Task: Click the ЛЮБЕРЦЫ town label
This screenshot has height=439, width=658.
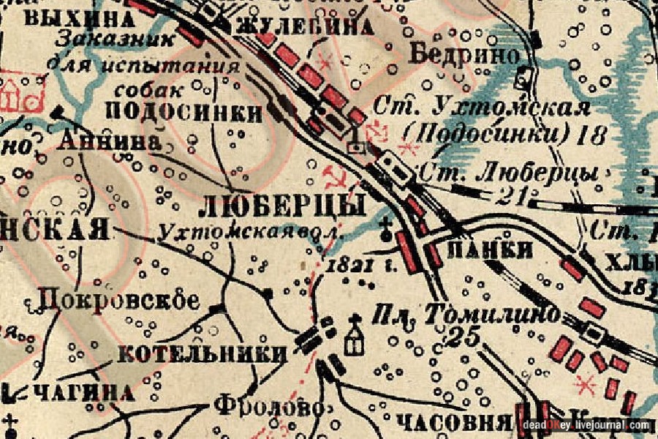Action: (x=282, y=206)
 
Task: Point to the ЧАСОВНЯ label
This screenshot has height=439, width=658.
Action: (x=453, y=422)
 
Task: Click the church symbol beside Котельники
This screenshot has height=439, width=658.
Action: (x=355, y=337)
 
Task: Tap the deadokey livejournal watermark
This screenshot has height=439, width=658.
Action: (x=585, y=424)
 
